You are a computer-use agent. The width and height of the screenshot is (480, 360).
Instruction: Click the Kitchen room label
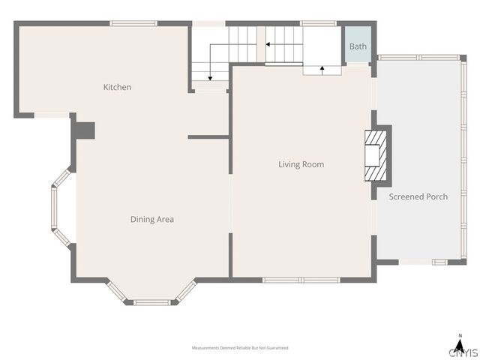117,87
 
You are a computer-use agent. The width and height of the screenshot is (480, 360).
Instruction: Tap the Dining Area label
152,219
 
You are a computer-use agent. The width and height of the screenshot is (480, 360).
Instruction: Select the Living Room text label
301,164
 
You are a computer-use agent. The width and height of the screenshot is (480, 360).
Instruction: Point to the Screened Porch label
418,196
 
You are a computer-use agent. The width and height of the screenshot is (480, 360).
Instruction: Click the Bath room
358,44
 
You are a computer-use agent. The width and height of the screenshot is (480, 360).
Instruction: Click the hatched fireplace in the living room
376,156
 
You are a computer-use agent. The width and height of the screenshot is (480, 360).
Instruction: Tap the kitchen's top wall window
133,23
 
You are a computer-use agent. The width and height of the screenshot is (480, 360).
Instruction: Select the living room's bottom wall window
301,280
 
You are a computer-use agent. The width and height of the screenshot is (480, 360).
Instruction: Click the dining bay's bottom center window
151,302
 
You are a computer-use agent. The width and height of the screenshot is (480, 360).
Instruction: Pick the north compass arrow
459,346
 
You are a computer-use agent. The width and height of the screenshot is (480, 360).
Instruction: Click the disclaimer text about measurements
240,348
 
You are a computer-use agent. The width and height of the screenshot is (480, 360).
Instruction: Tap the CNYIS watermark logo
463,352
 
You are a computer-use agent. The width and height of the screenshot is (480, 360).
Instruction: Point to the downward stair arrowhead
210,79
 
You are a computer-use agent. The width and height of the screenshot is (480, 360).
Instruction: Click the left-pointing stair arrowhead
268,44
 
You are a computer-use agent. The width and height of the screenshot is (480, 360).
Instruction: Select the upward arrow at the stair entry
322,70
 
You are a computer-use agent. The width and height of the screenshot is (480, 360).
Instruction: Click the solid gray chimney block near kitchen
85,130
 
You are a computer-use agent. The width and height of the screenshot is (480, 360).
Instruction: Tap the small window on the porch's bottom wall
440,262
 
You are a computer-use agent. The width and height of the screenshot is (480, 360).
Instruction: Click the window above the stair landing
318,23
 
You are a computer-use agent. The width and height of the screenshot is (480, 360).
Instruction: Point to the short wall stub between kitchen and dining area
208,136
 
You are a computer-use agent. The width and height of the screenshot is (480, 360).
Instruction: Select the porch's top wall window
419,57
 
